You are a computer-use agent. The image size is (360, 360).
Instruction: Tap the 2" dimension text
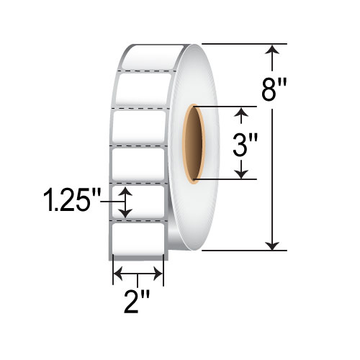[x=139, y=298]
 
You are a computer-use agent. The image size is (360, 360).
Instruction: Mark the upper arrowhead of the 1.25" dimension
[x=127, y=192]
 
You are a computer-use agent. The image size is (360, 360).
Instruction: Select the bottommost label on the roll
[x=139, y=238]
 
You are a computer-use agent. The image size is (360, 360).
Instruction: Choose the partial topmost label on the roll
[x=144, y=59]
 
